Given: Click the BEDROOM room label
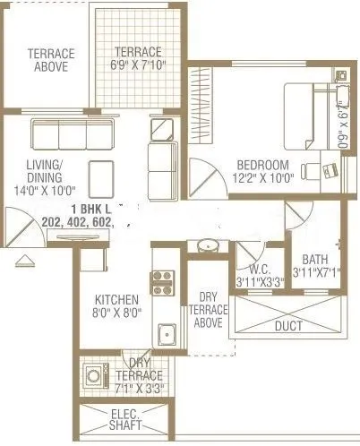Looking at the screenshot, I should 262,165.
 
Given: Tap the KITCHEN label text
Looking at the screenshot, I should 116,299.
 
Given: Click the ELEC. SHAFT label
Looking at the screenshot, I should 121,419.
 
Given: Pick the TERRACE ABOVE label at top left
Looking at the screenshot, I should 50,59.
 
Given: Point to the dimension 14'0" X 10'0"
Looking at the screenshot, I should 45,190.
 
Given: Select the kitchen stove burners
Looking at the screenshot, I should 163,281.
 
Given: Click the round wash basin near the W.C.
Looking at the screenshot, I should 207,244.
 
